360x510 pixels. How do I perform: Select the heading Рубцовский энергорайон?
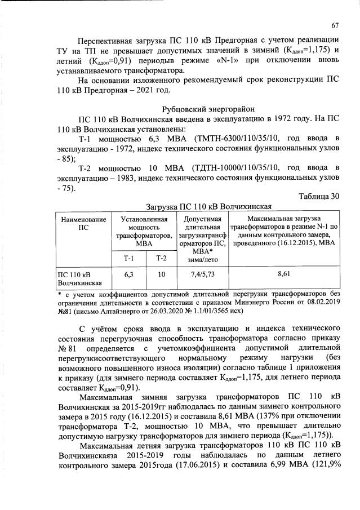click(208, 109)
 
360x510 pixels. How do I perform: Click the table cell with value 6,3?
click(129, 274)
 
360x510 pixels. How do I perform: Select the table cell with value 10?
click(161, 274)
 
